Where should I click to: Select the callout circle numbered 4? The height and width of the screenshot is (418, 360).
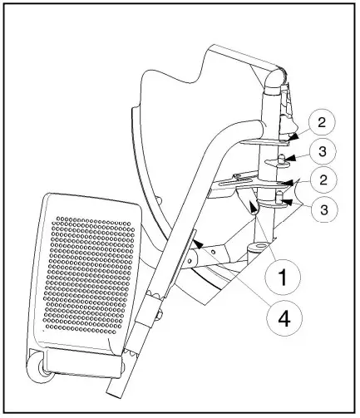[283, 319]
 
